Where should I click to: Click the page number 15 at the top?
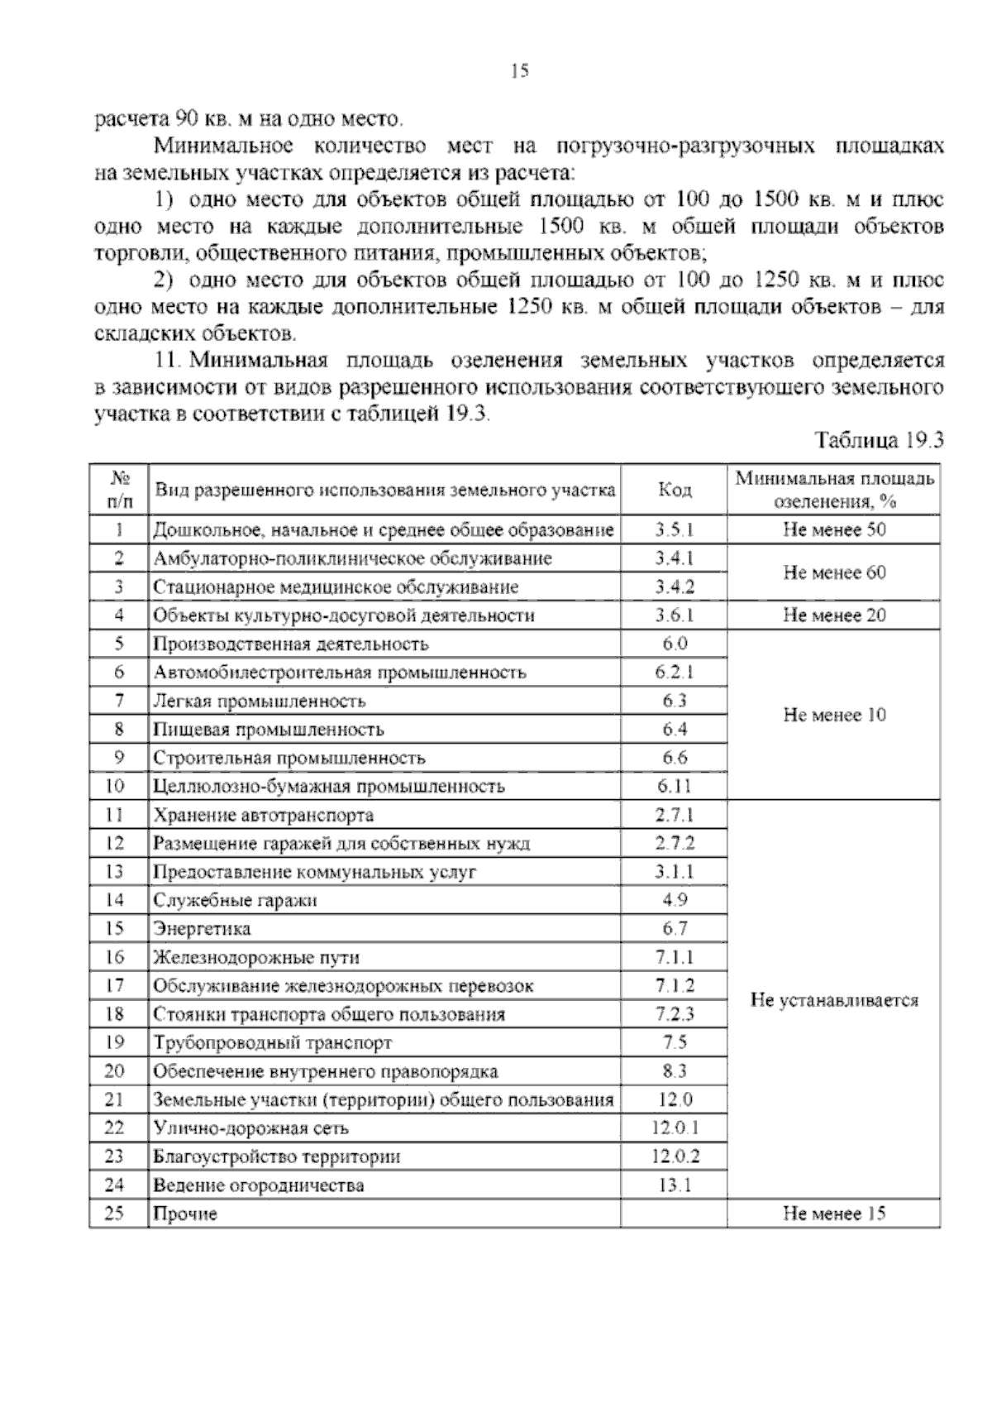pos(519,71)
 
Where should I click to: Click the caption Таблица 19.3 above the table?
pos(880,439)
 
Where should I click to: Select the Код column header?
pos(675,490)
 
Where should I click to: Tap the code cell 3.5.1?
pos(675,529)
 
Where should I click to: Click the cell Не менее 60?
pos(834,572)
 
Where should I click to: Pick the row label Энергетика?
pos(202,929)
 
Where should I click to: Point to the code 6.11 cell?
pos(675,786)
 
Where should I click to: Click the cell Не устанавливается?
pos(834,1000)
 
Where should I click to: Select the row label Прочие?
pos(185,1214)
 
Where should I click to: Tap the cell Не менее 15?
pos(834,1214)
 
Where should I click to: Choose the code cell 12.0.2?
pos(675,1156)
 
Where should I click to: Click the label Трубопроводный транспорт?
pos(272,1043)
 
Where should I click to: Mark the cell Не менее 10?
pos(834,715)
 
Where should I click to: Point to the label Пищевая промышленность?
pos(268,730)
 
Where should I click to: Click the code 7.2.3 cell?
pos(675,1014)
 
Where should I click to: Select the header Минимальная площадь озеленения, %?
pos(834,490)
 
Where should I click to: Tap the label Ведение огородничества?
pos(259,1185)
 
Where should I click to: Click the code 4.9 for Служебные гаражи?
pos(675,900)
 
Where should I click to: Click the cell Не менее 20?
pos(834,615)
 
